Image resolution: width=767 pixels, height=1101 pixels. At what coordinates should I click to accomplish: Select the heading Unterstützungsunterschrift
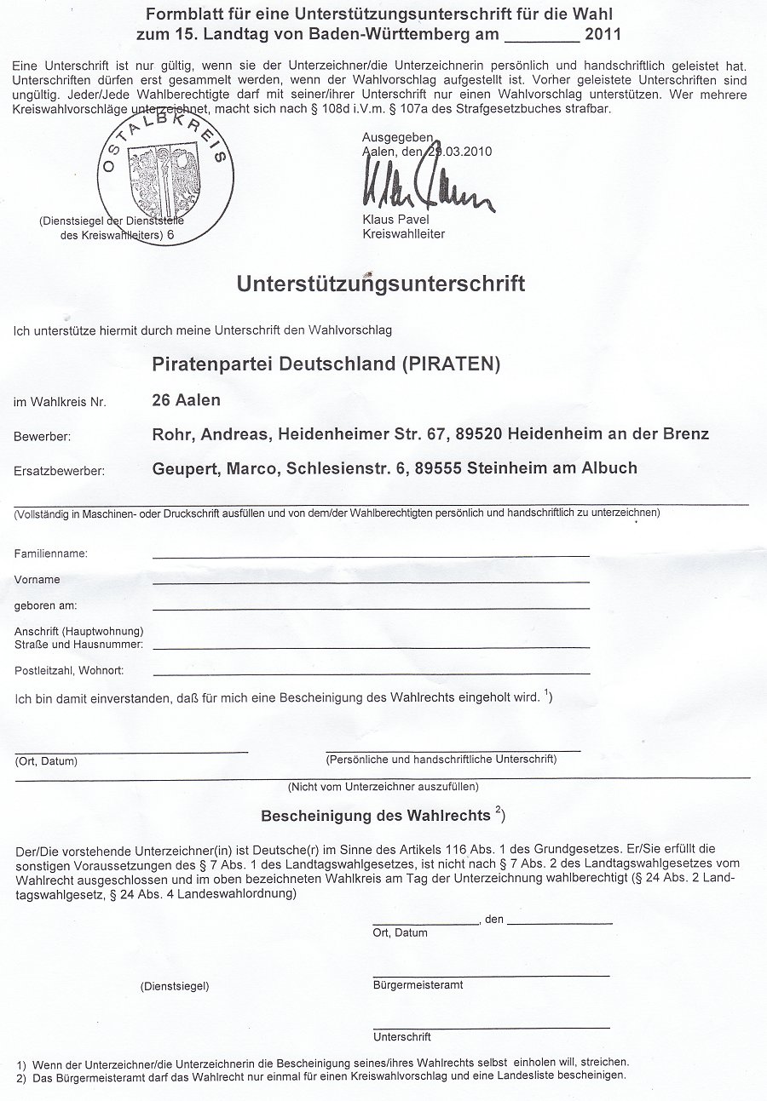pos(380,284)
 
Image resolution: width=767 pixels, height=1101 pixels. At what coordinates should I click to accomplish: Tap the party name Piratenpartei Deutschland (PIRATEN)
pos(326,364)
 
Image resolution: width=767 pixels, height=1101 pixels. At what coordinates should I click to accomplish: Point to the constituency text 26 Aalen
pos(186,400)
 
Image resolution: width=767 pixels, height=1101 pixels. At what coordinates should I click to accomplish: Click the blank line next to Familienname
pos(371,554)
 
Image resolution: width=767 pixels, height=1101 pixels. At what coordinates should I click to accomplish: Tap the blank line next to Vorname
pos(371,581)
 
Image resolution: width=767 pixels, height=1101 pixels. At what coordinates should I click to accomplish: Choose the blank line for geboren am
pos(371,607)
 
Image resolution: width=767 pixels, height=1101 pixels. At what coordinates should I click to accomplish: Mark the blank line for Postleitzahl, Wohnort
pos(371,672)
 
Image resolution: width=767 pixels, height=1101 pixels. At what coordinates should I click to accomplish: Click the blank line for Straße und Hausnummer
pos(371,646)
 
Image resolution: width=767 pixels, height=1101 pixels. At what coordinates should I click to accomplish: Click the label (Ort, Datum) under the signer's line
pos(46,761)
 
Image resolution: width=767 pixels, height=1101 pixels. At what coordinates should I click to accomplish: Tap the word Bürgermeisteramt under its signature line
pos(418,985)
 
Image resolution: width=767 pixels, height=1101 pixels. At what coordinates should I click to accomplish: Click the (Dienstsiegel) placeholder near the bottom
pos(175,986)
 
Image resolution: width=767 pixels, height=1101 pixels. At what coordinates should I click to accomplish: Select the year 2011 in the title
pos(603,35)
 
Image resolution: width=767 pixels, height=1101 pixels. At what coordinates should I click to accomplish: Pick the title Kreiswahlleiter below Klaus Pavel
pos(403,234)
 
